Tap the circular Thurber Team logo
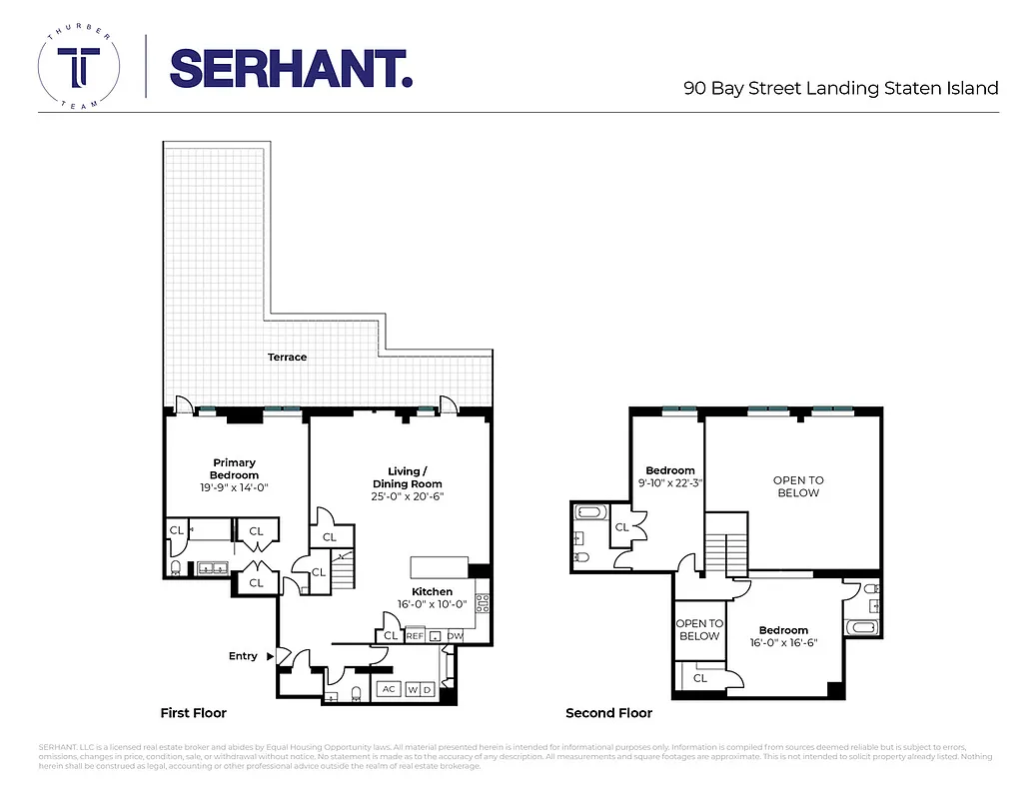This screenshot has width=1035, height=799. pyautogui.click(x=78, y=70)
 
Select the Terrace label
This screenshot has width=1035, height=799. pyautogui.click(x=287, y=357)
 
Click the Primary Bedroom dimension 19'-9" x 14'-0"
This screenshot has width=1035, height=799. pyautogui.click(x=234, y=487)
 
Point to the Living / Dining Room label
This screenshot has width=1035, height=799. pyautogui.click(x=407, y=477)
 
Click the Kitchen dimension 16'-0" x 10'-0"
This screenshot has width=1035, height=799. pyautogui.click(x=432, y=605)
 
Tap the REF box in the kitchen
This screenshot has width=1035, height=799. pyautogui.click(x=415, y=635)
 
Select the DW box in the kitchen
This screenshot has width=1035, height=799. pyautogui.click(x=455, y=635)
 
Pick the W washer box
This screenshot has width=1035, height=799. pyautogui.click(x=412, y=689)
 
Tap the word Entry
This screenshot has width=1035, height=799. pyautogui.click(x=243, y=656)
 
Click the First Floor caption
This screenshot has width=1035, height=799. pyautogui.click(x=194, y=713)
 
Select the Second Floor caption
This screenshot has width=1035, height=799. pyautogui.click(x=608, y=713)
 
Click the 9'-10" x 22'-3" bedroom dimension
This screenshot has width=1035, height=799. pyautogui.click(x=669, y=483)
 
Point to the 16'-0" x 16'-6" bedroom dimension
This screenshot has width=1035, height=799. pyautogui.click(x=783, y=643)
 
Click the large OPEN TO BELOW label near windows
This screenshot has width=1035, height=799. pyautogui.click(x=798, y=486)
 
